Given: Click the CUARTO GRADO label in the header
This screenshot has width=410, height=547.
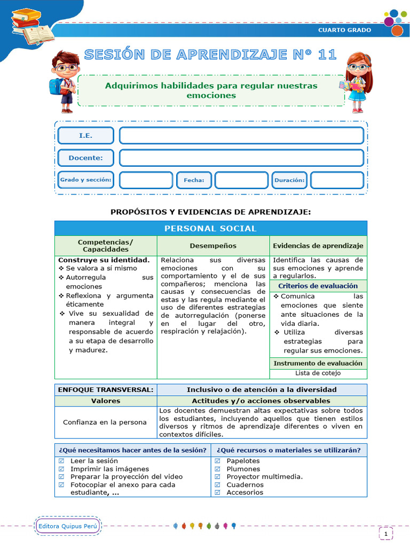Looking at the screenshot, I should (x=344, y=30).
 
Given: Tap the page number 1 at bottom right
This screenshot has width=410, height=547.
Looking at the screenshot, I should (x=385, y=533).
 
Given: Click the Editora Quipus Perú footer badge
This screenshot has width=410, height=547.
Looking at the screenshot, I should (x=68, y=526).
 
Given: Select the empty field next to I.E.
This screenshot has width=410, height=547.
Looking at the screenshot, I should (x=241, y=136).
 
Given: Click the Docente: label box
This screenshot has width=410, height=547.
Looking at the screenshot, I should (x=85, y=158).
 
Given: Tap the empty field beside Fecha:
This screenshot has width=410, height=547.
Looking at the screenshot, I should (x=241, y=181).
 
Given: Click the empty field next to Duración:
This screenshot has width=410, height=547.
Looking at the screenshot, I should (x=337, y=181).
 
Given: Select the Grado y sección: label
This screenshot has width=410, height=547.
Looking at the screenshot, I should (x=85, y=180).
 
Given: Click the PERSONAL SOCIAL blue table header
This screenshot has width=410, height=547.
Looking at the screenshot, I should (x=210, y=228).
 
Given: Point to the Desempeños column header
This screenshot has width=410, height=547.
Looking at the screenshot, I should (x=213, y=246).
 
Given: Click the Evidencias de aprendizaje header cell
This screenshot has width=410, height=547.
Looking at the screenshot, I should (x=318, y=246).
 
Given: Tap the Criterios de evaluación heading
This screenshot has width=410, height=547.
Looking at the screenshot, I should (x=318, y=286).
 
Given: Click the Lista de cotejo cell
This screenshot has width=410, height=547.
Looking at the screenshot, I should (x=318, y=373).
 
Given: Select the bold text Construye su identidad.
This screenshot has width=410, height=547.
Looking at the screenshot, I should (x=96, y=260).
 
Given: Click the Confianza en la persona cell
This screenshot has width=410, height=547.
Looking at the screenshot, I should (x=105, y=422).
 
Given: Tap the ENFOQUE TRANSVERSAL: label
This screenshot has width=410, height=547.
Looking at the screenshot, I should (x=106, y=389).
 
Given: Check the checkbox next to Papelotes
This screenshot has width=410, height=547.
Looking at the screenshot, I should (x=218, y=461).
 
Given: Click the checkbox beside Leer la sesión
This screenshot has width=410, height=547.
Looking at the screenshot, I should (x=61, y=461).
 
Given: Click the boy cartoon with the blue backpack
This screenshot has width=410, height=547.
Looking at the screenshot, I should (x=65, y=81).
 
